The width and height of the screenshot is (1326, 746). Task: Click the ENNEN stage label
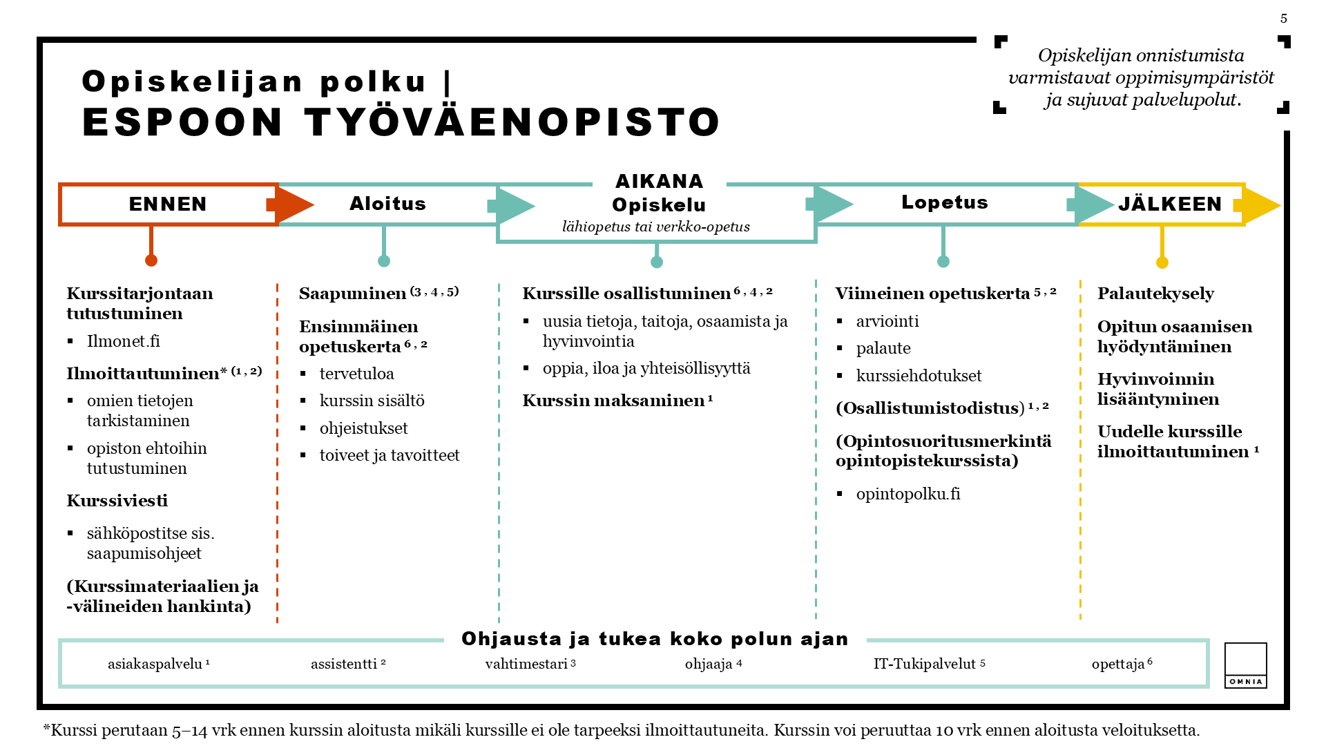click(x=168, y=204)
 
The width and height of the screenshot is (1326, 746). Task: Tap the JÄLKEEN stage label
click(x=1170, y=204)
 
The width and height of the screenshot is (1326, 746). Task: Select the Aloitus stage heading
click(x=387, y=204)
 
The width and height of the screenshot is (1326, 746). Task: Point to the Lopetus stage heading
click(x=944, y=202)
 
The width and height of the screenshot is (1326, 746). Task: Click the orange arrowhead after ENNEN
click(x=293, y=204)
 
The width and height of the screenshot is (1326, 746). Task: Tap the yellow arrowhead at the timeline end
click(x=1260, y=205)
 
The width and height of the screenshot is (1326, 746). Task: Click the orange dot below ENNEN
click(x=151, y=260)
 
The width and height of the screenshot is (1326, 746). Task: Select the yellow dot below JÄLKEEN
click(x=1162, y=262)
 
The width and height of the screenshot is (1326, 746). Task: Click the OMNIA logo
click(x=1245, y=665)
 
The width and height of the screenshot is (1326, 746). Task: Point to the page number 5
click(x=1283, y=19)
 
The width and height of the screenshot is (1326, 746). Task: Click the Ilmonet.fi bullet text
click(x=123, y=341)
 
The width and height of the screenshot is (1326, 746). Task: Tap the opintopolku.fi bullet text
click(x=907, y=494)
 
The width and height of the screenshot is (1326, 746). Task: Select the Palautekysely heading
click(x=1155, y=294)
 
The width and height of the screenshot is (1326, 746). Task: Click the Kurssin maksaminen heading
click(x=613, y=401)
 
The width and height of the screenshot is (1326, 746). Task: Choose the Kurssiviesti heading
click(x=117, y=501)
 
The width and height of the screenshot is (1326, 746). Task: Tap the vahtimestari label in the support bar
click(x=526, y=664)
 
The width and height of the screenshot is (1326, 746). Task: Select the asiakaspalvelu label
click(x=155, y=664)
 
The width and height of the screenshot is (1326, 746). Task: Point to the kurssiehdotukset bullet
click(x=919, y=376)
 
